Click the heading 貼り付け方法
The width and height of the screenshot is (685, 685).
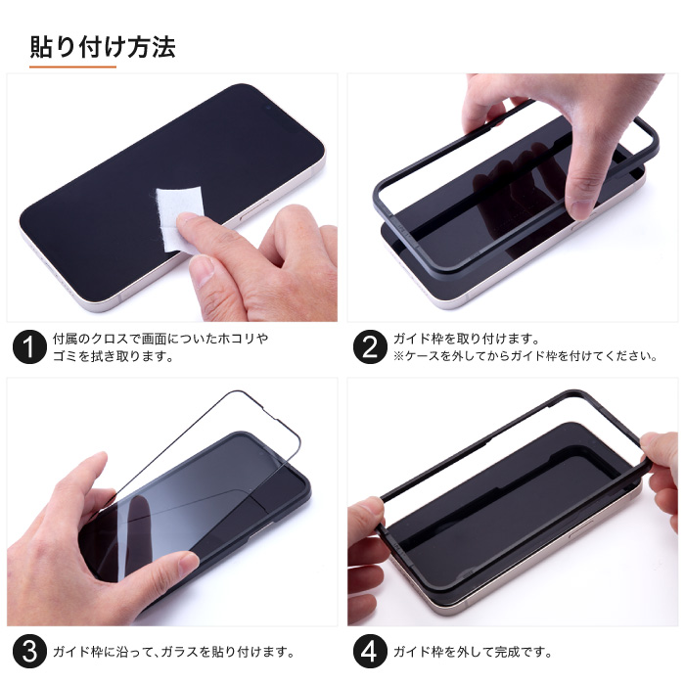coord(103,47)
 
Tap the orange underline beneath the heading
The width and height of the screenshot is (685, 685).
coord(73,67)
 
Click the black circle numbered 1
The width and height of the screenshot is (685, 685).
coord(29,346)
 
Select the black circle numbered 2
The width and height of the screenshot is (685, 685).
coord(370,346)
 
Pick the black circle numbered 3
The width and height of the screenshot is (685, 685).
coord(29,652)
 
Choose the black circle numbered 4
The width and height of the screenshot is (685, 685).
coord(370,652)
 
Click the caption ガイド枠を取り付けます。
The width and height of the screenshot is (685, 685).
coord(467,339)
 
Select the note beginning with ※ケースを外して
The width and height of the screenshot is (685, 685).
coord(525,356)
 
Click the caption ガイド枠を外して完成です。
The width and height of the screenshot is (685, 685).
coord(473,652)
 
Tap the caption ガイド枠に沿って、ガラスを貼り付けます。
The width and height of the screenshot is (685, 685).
coord(173,652)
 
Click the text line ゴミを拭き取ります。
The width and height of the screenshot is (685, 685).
coord(114,356)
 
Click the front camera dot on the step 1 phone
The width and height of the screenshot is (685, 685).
coord(268,107)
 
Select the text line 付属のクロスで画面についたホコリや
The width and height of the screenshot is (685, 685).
coord(160,339)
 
